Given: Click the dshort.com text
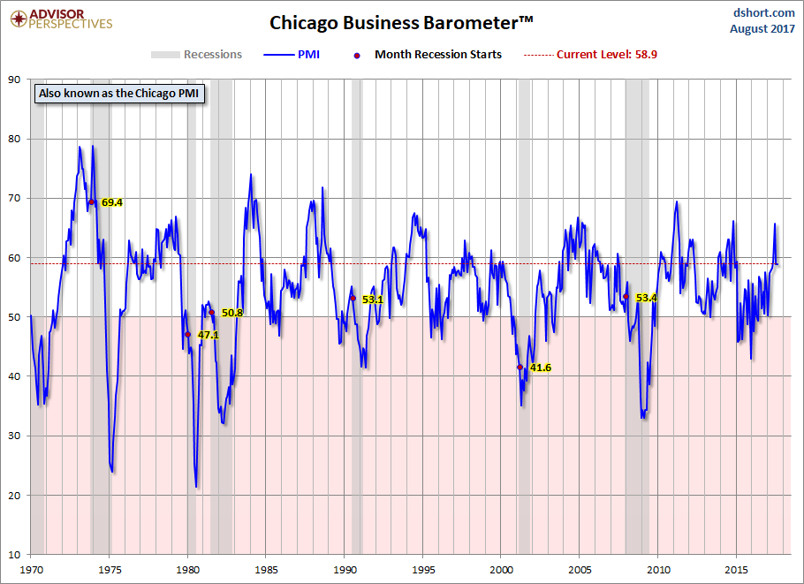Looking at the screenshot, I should [764, 12].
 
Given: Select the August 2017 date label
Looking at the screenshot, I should [762, 28].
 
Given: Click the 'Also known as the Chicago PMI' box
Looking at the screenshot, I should [118, 92].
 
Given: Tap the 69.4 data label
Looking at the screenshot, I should [112, 202].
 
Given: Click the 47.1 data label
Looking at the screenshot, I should [208, 336].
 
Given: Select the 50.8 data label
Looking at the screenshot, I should [232, 313].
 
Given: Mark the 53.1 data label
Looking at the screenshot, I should [373, 300].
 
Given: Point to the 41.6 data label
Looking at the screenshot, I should [541, 368].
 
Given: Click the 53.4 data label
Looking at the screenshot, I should [647, 298].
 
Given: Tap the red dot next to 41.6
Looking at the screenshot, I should [520, 367].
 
